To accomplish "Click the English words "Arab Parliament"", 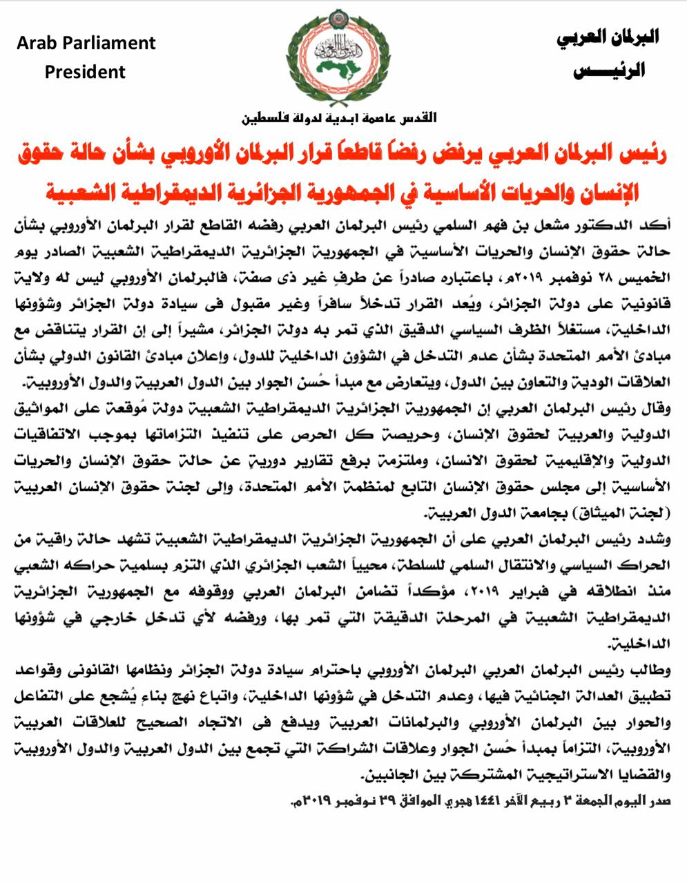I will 86,43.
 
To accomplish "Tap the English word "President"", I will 86,72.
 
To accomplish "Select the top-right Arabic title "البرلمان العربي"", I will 608,38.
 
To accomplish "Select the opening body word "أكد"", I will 657,224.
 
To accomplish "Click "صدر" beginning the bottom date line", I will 658,802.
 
